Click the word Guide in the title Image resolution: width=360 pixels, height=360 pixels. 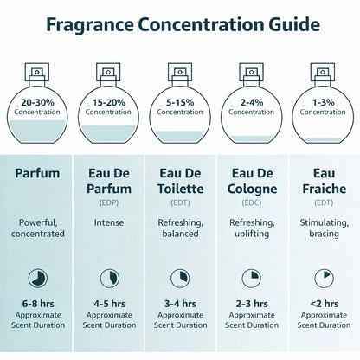(294, 24)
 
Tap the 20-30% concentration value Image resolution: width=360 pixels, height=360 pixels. (37, 102)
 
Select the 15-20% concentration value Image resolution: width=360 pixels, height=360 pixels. (109, 102)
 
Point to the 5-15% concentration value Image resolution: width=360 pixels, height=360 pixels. (180, 102)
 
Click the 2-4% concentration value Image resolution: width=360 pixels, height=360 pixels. (252, 102)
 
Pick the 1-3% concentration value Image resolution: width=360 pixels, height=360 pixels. (323, 102)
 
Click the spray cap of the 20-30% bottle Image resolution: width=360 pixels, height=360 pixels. (37, 74)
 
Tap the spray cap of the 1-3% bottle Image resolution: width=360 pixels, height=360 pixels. (323, 74)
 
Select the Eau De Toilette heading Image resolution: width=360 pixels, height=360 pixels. (180, 181)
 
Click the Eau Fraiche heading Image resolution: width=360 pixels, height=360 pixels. (324, 181)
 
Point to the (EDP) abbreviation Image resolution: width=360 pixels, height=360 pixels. (109, 202)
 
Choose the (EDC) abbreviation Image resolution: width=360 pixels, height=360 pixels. (252, 202)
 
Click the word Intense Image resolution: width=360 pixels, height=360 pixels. (109, 222)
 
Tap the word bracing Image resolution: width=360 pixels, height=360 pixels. (324, 234)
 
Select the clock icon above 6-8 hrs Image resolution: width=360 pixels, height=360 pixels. (38, 279)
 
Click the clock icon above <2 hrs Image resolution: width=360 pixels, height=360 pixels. (324, 279)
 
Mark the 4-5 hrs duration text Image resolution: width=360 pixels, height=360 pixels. (109, 304)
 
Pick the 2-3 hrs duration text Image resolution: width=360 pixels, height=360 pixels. (252, 304)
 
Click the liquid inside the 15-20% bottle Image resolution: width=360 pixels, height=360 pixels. (108, 133)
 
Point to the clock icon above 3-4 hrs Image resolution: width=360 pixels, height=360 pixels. (180, 279)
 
